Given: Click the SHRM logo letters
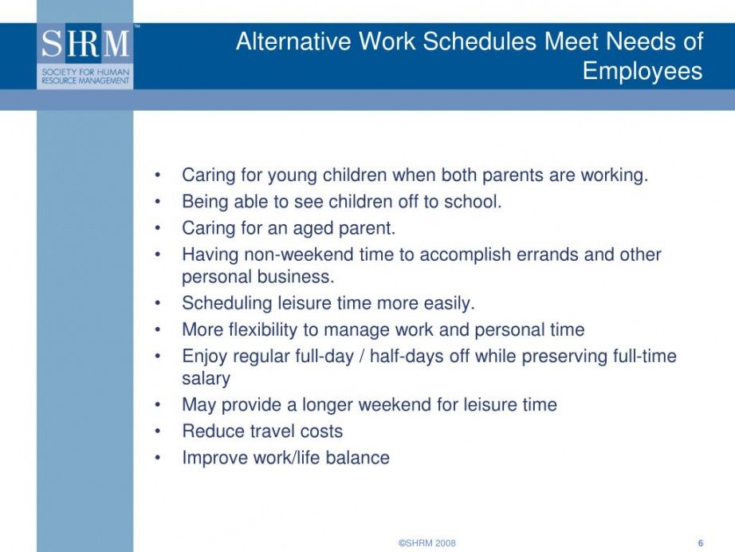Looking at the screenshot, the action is tap(85, 44).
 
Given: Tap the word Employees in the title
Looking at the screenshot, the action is tap(643, 72).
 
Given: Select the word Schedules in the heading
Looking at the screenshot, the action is tap(480, 41).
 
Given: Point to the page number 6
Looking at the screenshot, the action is tap(701, 543).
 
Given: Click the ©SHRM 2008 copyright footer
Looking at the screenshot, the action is tap(427, 543).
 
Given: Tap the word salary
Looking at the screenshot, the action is tap(206, 379).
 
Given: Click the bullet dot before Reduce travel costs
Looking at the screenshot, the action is tap(158, 432).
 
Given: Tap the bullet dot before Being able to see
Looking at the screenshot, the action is tap(158, 202).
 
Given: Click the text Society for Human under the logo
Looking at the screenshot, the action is tap(85, 73).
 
